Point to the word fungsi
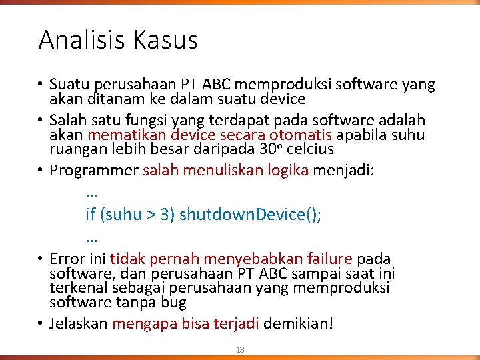(x=143, y=121)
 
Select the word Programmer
(x=93, y=170)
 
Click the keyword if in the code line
(x=90, y=214)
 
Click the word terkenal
(x=77, y=287)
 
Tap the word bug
(x=174, y=302)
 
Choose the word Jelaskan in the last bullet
(x=78, y=324)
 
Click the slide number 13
(x=240, y=350)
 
